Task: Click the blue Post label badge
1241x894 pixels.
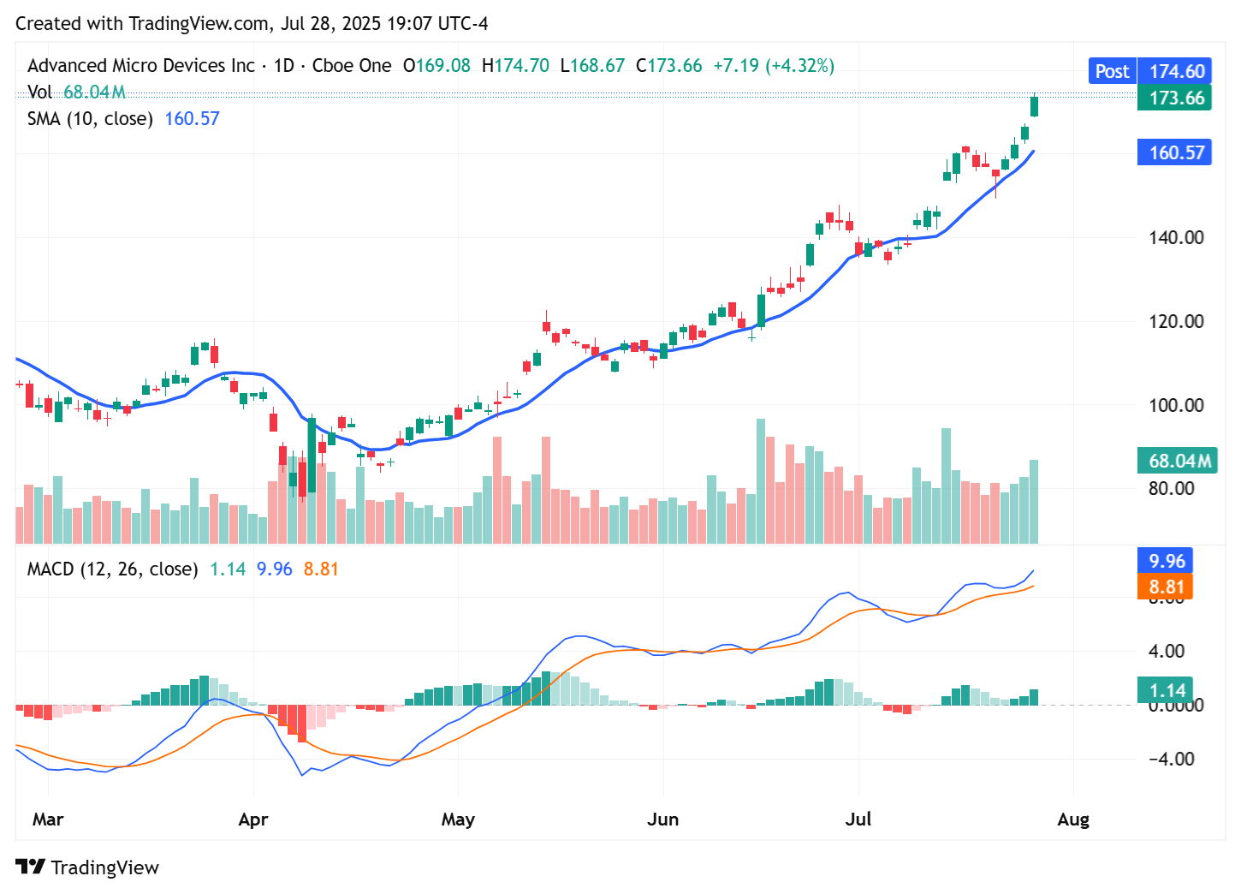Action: pyautogui.click(x=1112, y=71)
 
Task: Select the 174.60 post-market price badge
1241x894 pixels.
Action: pyautogui.click(x=1176, y=71)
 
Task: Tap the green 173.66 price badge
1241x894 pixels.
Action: pyautogui.click(x=1176, y=98)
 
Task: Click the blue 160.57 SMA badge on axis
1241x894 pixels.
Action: pyautogui.click(x=1176, y=152)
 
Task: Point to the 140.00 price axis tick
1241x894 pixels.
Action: pyautogui.click(x=1176, y=237)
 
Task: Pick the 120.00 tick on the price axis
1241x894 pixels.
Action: pyautogui.click(x=1176, y=321)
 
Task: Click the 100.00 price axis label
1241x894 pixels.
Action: pyautogui.click(x=1176, y=405)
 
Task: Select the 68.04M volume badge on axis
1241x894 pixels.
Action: pyautogui.click(x=1179, y=461)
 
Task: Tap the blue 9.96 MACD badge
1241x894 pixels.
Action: pyautogui.click(x=1166, y=561)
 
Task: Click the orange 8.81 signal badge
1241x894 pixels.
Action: pyautogui.click(x=1166, y=587)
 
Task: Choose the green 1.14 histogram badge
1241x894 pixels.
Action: pyautogui.click(x=1166, y=690)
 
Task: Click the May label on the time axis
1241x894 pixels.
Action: pyautogui.click(x=458, y=819)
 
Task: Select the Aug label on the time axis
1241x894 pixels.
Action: pyautogui.click(x=1073, y=819)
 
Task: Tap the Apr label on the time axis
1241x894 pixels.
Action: pyautogui.click(x=253, y=819)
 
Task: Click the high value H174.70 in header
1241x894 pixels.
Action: pyautogui.click(x=515, y=66)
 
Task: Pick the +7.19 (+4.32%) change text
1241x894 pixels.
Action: pyautogui.click(x=773, y=66)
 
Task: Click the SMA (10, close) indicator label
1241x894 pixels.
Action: pyautogui.click(x=90, y=119)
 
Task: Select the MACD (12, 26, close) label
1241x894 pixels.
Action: pyautogui.click(x=112, y=569)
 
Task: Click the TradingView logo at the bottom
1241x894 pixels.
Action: pyautogui.click(x=87, y=867)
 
